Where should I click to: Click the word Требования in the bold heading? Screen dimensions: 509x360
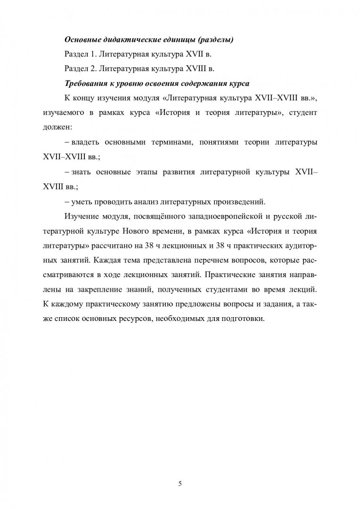82,83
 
